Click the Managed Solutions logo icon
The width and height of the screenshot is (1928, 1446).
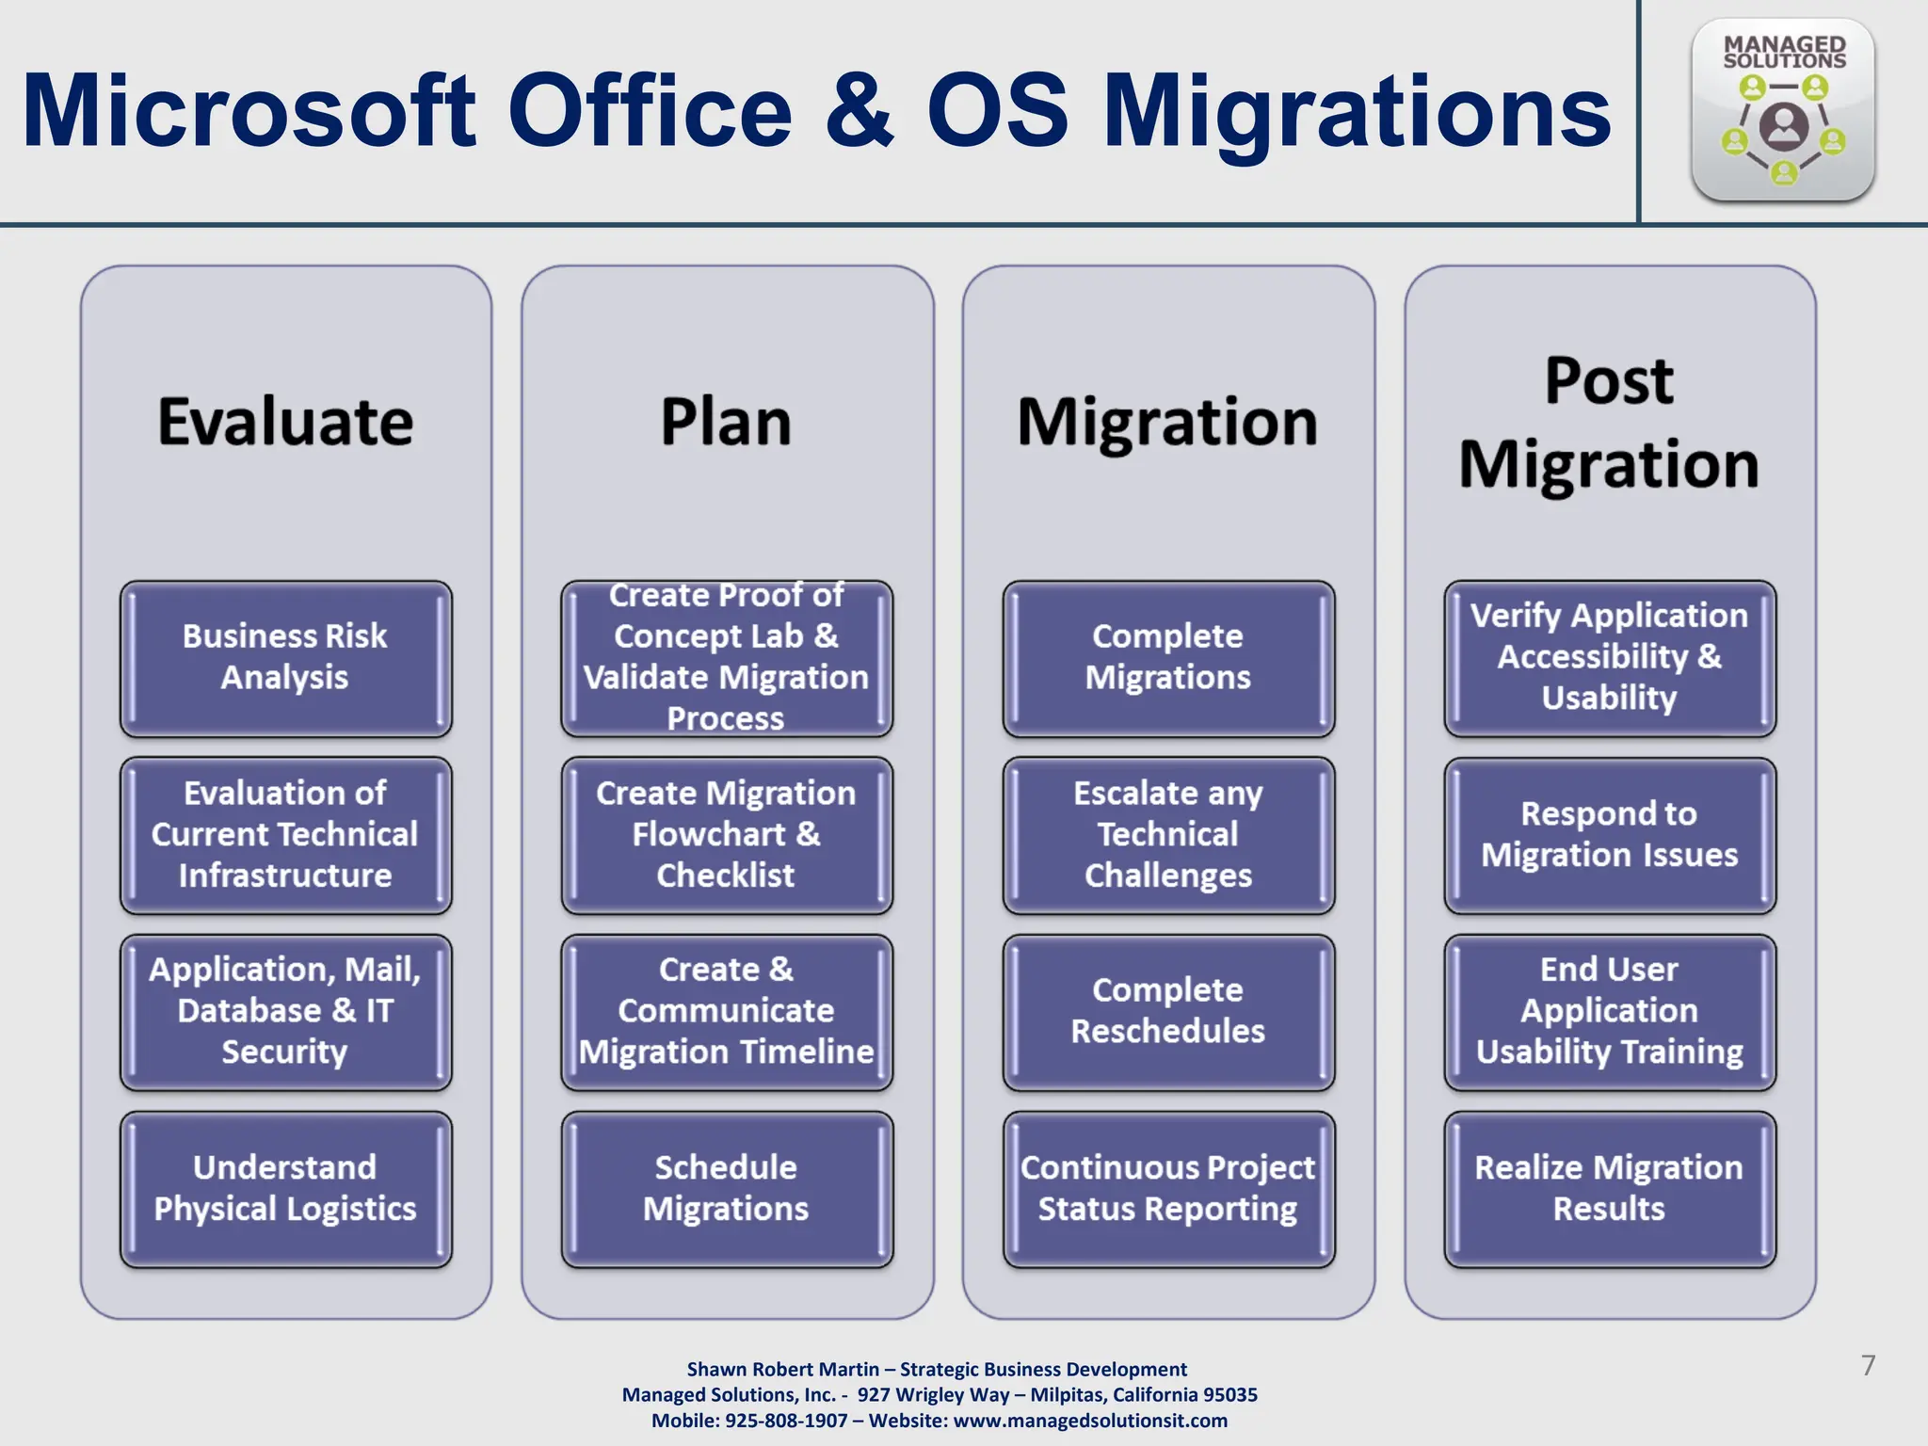[x=1783, y=111]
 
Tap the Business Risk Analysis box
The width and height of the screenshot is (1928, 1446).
[x=285, y=657]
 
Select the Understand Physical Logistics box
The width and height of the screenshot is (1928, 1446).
[x=285, y=1188]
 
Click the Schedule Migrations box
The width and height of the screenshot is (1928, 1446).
[x=726, y=1188]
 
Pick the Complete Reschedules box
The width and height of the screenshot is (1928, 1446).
[x=1167, y=1011]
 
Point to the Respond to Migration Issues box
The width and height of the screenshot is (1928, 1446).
[x=1609, y=834]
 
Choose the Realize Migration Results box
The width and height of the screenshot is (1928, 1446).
[x=1609, y=1188]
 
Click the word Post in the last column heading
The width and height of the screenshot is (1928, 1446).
[x=1609, y=381]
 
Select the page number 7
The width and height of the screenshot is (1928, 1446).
[x=1868, y=1365]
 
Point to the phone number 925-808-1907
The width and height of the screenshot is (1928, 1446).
[x=786, y=1421]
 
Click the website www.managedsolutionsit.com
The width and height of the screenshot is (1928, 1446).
[x=1090, y=1421]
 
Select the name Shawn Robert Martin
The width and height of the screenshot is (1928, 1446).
[x=782, y=1369]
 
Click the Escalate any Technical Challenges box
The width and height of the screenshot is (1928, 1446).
[x=1167, y=834]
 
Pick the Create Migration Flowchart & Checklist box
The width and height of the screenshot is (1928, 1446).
[x=726, y=834]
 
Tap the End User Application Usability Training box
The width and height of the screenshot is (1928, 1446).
[x=1609, y=1011]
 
